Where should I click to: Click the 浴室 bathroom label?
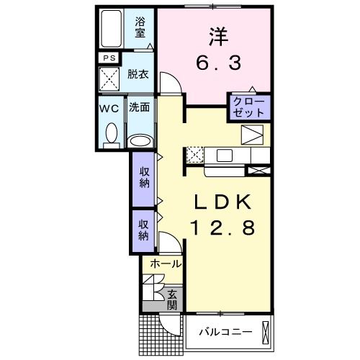140,27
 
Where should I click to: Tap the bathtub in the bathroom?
113,30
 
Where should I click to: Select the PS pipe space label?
109,58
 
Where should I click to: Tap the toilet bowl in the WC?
112,132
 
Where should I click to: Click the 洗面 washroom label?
139,107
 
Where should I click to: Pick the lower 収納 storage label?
143,230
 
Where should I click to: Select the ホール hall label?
166,264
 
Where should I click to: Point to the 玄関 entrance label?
173,299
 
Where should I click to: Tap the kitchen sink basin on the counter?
222,155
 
